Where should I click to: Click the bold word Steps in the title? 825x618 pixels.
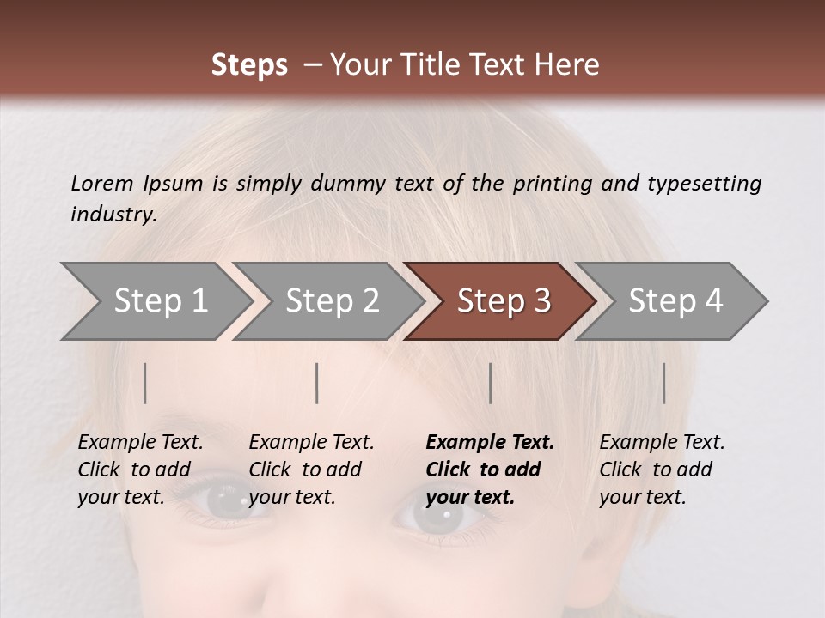click(x=249, y=65)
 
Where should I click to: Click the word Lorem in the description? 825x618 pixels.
click(x=101, y=183)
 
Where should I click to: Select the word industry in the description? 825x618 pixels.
click(x=112, y=214)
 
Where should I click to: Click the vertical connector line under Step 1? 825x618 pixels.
click(x=145, y=383)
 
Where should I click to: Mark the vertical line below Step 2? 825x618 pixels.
click(x=317, y=383)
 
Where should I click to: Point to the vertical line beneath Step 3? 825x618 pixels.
click(x=490, y=383)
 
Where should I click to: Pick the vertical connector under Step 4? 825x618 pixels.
click(x=663, y=383)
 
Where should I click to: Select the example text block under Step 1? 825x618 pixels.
click(x=139, y=470)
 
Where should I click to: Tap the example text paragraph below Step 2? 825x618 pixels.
click(x=310, y=470)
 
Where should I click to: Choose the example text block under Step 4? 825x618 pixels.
click(x=661, y=470)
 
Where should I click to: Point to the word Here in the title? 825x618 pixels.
click(x=571, y=65)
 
